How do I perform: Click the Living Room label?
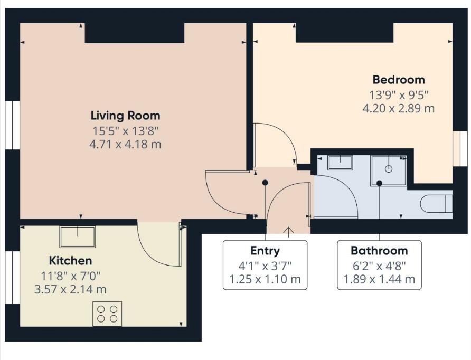pyautogui.click(x=125, y=116)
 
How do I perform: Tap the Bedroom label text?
pyautogui.click(x=399, y=80)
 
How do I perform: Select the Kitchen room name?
pyautogui.click(x=70, y=261)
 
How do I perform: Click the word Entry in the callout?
pyautogui.click(x=265, y=251)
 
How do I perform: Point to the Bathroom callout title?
pyautogui.click(x=379, y=251)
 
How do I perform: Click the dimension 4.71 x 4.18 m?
pyautogui.click(x=125, y=144)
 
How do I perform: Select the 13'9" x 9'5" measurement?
pyautogui.click(x=399, y=96)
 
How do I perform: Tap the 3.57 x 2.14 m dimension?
pyautogui.click(x=70, y=289)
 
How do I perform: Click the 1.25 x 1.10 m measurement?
pyautogui.click(x=265, y=279)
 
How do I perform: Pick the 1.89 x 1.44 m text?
pyautogui.click(x=379, y=279)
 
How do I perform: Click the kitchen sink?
pyautogui.click(x=78, y=236)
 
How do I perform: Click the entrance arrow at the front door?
pyautogui.click(x=289, y=231)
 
